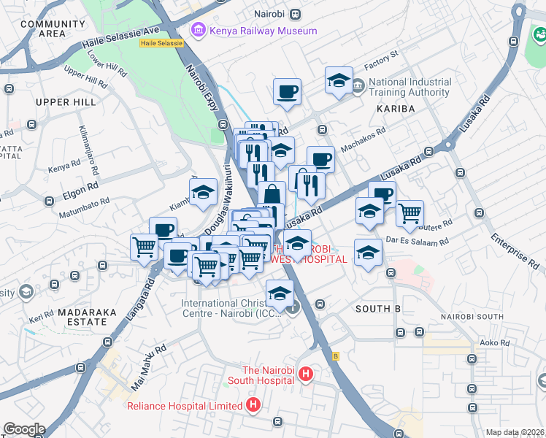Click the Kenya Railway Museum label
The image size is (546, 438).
tap(263, 31)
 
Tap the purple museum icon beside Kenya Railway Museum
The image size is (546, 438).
tap(197, 31)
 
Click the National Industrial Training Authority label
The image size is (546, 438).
tap(409, 88)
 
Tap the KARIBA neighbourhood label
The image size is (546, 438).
tap(395, 108)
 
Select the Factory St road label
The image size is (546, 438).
tap(382, 55)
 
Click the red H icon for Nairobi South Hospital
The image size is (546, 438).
tap(306, 375)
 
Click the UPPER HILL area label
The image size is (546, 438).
tap(66, 102)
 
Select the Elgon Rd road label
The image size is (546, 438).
tap(81, 186)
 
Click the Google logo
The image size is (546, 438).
tap(23, 429)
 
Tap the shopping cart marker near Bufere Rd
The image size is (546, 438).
tap(410, 212)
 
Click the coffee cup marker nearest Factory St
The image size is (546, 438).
tap(287, 91)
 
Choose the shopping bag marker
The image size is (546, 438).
tap(272, 194)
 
